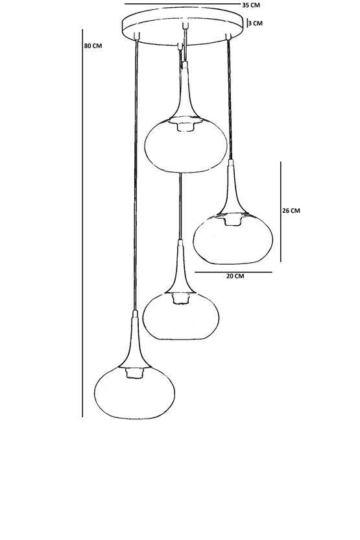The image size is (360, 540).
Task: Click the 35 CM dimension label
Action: [251, 5]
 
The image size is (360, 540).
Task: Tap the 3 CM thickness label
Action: [256, 23]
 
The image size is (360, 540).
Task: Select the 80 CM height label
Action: [93, 45]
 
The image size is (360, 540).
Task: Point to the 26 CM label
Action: [291, 210]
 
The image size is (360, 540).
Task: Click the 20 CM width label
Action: [235, 276]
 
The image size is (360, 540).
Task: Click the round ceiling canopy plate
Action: [183, 26]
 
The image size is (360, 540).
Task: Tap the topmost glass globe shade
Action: [186, 145]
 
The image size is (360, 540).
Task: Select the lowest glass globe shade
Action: [134, 393]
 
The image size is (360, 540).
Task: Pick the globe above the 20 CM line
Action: [233, 239]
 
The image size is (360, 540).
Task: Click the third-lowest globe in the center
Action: [181, 316]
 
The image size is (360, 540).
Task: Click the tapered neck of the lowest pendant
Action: [134, 341]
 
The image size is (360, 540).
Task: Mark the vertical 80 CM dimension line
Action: [82, 223]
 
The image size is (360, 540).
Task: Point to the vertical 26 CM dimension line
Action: [280, 212]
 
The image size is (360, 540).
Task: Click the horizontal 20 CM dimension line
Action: [234, 272]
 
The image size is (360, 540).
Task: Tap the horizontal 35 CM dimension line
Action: [182, 4]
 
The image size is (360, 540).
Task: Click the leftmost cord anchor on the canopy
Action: [137, 36]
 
